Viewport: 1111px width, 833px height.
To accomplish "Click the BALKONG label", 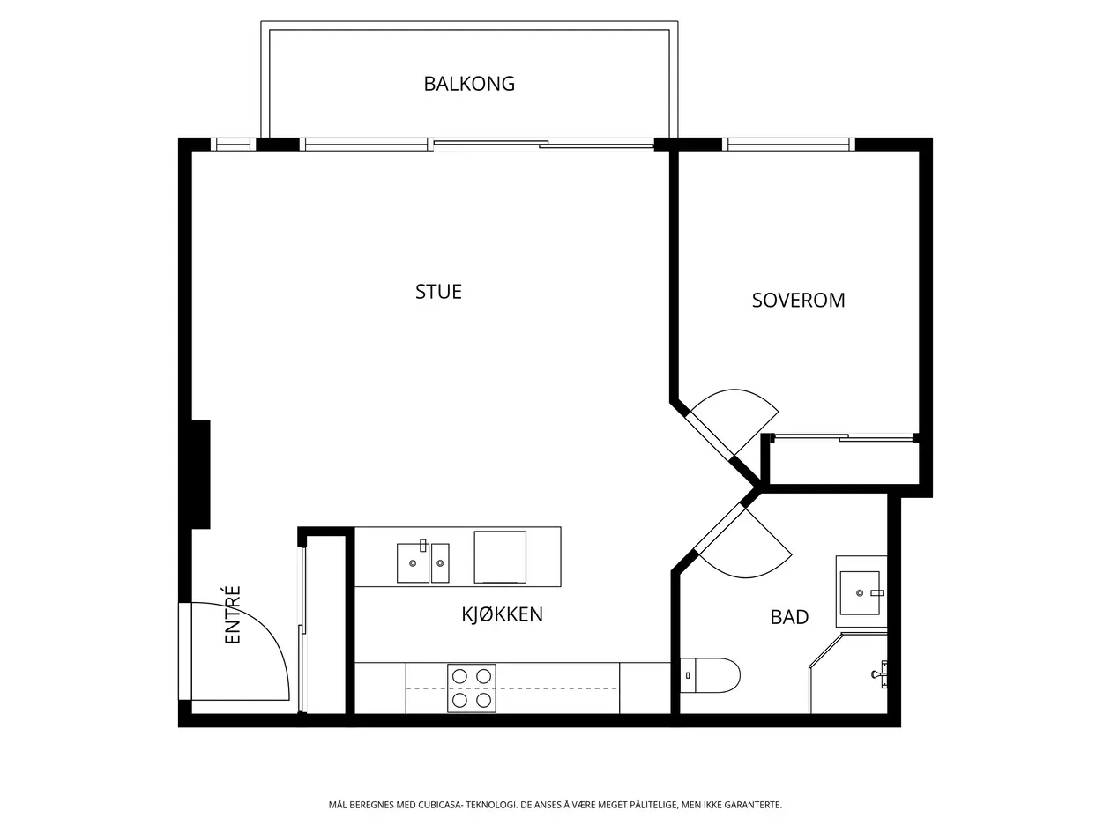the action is [469, 84].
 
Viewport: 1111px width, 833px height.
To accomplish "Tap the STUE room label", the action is [438, 292].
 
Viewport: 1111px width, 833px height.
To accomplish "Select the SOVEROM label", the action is [798, 301].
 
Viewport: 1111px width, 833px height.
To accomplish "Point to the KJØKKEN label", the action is [502, 614].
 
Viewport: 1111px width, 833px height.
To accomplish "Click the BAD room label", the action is [789, 617].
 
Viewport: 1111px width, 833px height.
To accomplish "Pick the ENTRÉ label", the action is [232, 614].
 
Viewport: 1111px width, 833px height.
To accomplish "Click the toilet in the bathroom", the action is [710, 675].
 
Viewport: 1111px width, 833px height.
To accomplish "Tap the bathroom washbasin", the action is [861, 591].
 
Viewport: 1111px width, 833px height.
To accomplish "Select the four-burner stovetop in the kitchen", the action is [471, 688].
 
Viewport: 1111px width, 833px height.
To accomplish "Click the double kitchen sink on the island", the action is [422, 562].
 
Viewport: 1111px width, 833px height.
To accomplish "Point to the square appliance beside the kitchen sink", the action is [500, 556].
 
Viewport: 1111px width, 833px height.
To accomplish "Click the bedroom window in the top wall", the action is [788, 145].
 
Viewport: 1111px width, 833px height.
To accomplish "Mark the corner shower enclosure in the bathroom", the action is [848, 673].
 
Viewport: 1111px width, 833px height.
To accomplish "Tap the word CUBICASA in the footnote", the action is [440, 805].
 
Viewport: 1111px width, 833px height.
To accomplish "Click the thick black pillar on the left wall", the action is [200, 474].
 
